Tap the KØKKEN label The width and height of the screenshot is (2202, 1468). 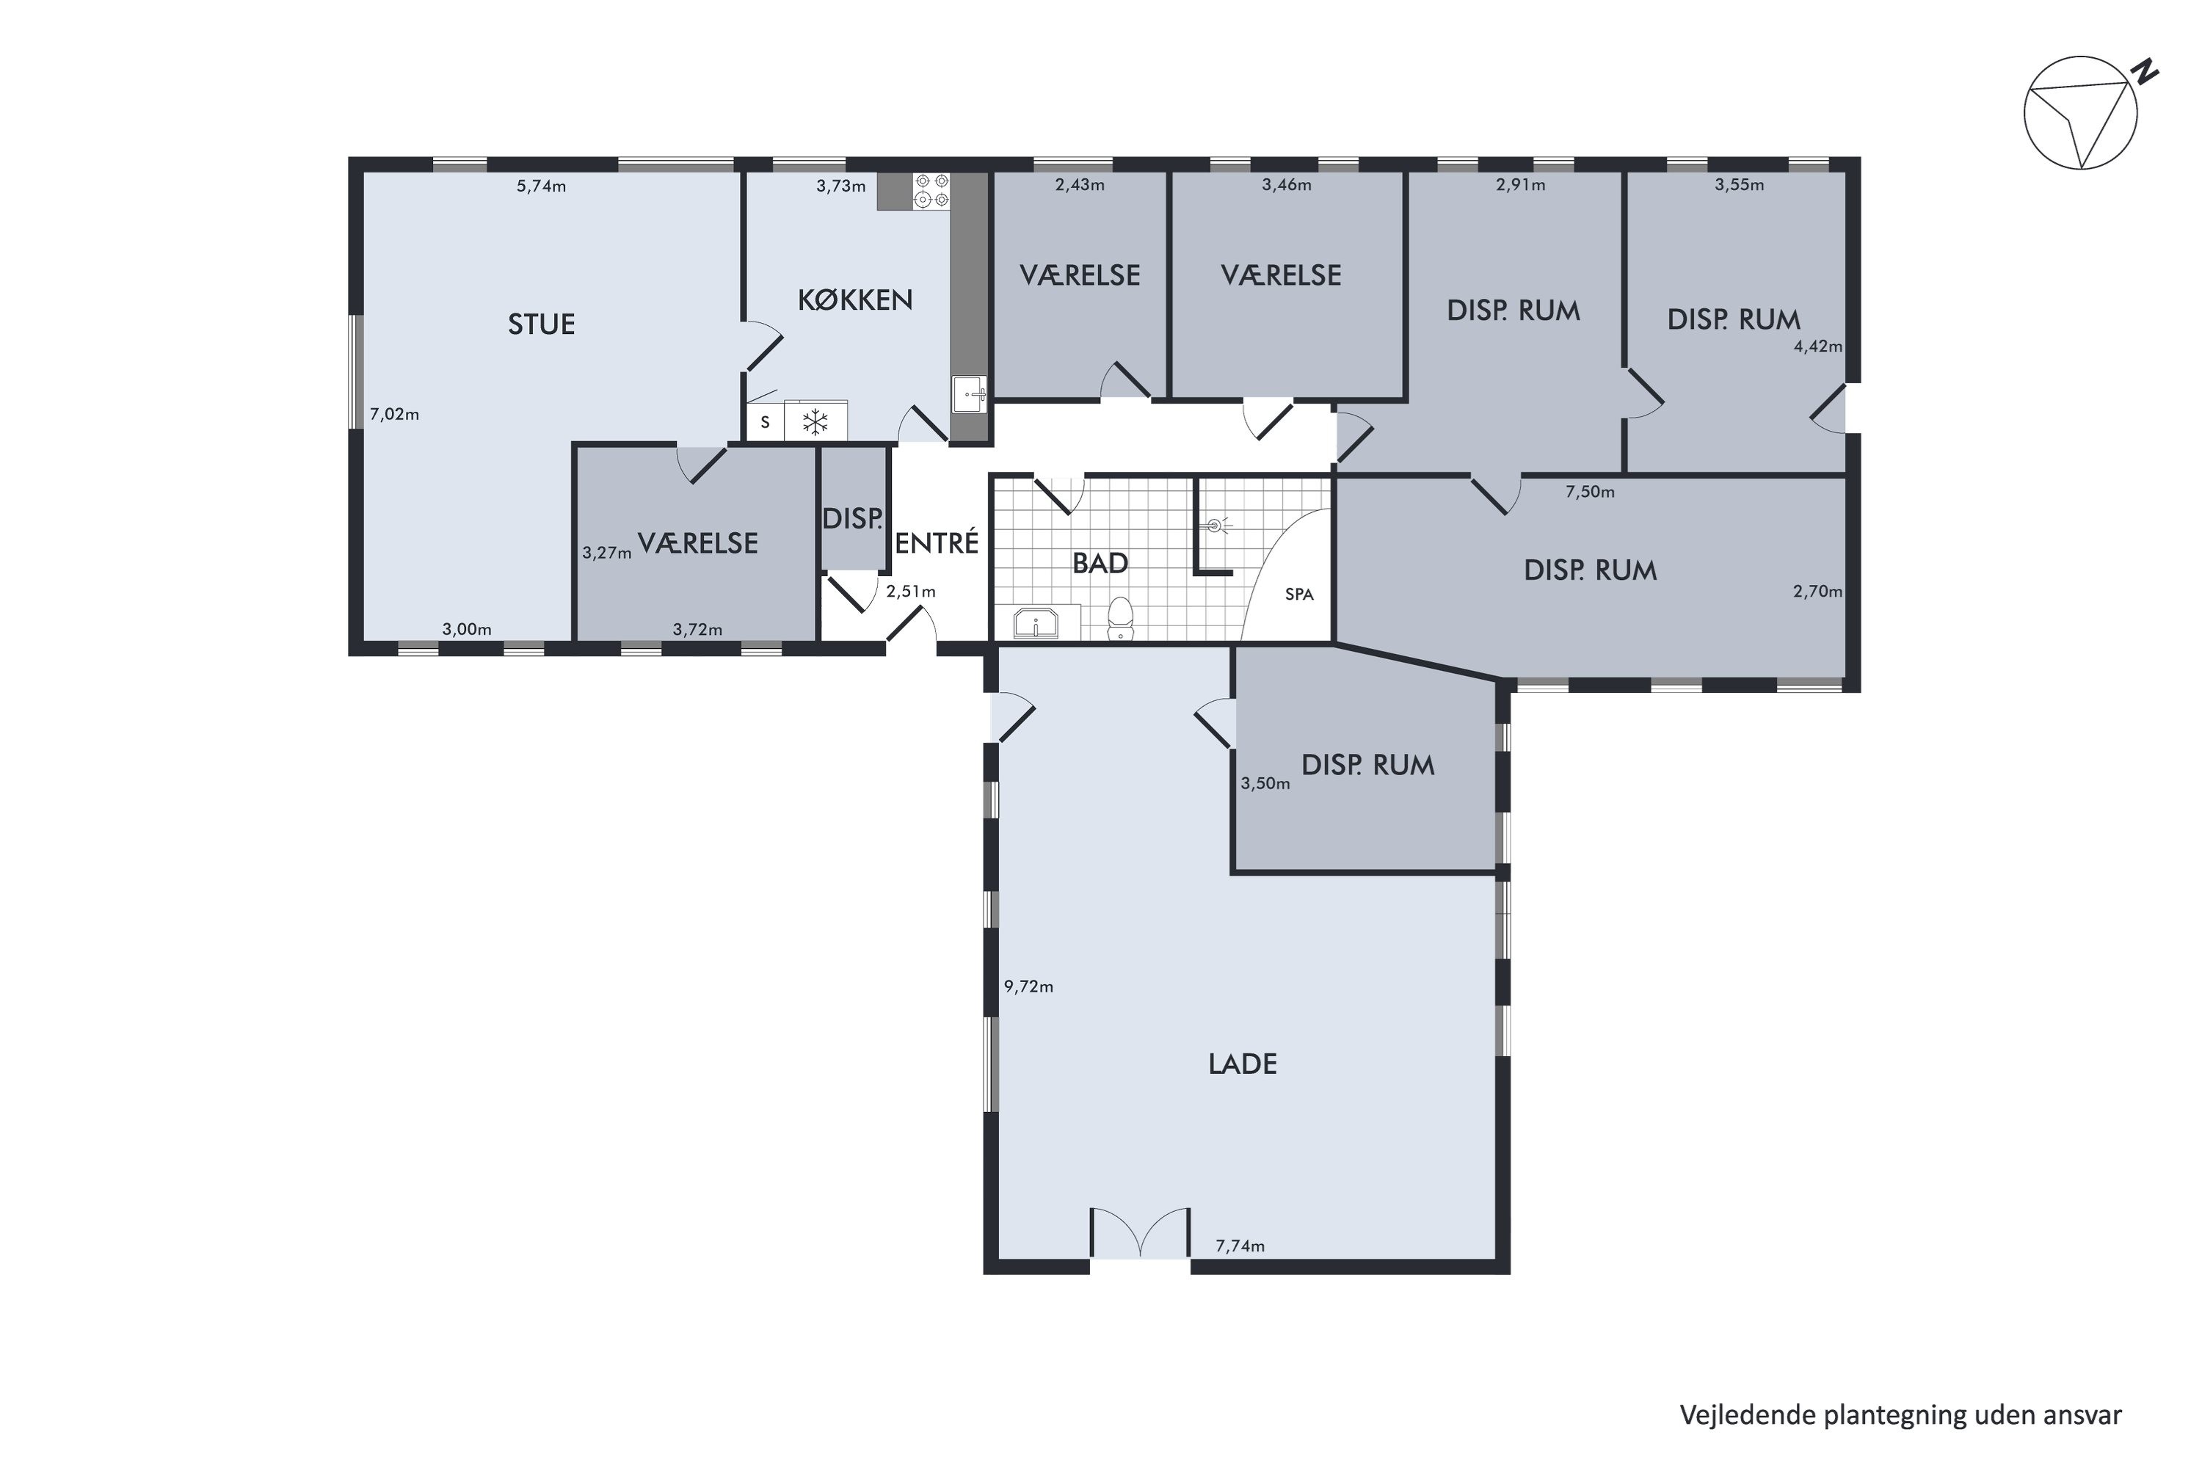[855, 299]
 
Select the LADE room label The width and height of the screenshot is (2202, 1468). [1243, 1064]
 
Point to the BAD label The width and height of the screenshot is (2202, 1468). [1100, 564]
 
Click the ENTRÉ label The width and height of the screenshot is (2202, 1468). [937, 543]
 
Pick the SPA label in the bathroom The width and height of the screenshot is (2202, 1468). [1298, 595]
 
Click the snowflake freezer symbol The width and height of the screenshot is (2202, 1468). [816, 422]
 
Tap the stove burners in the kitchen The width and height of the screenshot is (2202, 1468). [931, 190]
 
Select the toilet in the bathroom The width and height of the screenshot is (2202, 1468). [1121, 619]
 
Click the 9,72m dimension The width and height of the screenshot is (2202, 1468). [1029, 986]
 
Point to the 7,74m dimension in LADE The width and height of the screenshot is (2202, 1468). [1240, 1246]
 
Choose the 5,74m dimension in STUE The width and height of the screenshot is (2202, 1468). [541, 186]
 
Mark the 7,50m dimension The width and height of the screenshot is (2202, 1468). [1590, 492]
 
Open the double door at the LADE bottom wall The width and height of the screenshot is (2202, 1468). [1141, 1234]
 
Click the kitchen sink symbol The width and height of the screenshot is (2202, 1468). [970, 394]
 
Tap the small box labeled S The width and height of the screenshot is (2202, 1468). [765, 422]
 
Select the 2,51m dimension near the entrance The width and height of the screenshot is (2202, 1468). [911, 592]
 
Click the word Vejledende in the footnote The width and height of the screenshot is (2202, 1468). [1747, 1414]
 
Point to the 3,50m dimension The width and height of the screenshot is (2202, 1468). [1265, 784]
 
